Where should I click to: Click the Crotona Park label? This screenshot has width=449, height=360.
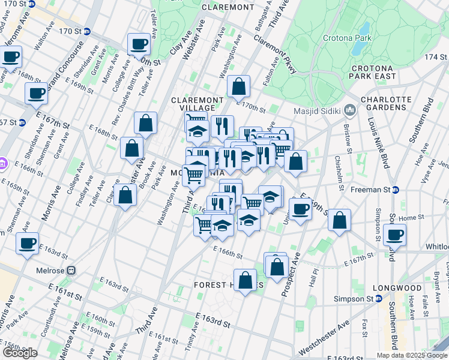click(369, 37)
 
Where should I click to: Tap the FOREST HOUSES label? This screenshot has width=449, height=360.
click(225, 286)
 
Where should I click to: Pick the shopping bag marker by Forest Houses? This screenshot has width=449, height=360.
click(245, 280)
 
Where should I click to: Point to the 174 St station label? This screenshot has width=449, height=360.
click(436, 56)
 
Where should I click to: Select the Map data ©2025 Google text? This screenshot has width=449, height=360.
click(411, 355)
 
